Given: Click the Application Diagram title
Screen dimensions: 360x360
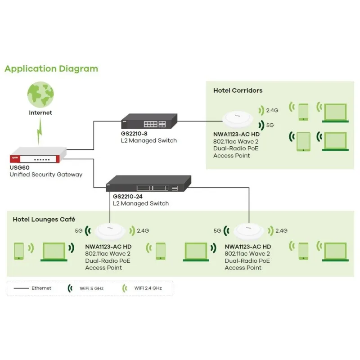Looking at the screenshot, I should click(51, 69).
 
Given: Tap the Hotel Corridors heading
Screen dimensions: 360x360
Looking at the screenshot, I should click(238, 90).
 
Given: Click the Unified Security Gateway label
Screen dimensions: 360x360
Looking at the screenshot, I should click(46, 174).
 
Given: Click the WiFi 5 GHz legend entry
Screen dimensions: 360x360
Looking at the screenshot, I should click(90, 288).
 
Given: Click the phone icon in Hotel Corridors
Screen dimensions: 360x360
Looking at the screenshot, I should click(303, 112).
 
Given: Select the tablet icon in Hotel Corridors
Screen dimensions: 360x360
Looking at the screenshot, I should click(303, 141).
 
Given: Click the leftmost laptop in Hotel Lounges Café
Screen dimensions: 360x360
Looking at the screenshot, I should click(54, 252).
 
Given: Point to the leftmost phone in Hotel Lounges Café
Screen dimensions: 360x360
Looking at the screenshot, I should click(19, 251).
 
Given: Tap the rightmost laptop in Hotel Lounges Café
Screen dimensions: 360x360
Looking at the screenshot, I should click(336, 252).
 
